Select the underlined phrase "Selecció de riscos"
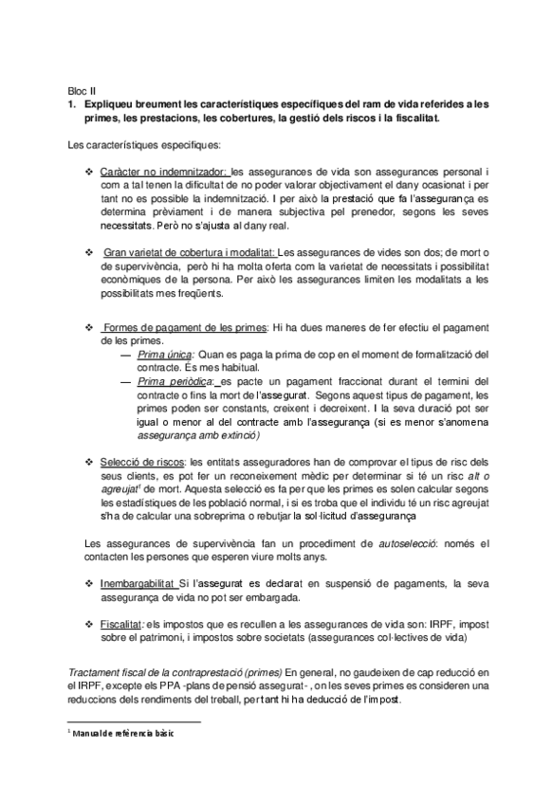pyautogui.click(x=143, y=462)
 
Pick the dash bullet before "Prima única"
pyautogui.click(x=129, y=354)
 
